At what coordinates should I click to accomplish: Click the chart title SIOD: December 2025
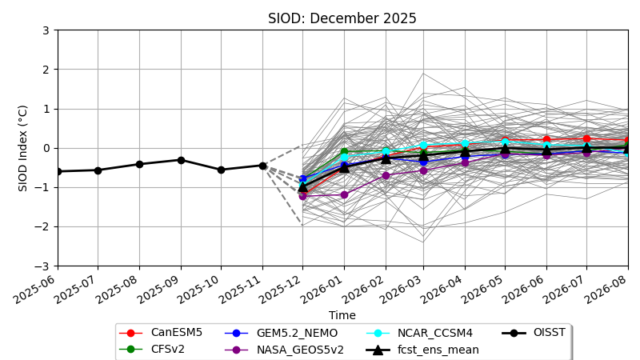point(342,18)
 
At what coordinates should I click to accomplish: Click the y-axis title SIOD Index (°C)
point(23,148)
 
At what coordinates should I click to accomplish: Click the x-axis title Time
point(342,316)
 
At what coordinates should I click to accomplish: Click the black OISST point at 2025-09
point(181,160)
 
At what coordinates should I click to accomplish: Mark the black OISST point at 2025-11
point(262,166)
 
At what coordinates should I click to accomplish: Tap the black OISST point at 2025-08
point(139,164)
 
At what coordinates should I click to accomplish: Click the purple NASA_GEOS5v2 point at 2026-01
point(344,194)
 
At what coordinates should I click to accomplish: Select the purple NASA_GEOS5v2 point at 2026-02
point(386,175)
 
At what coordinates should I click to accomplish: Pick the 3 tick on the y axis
point(46,30)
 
